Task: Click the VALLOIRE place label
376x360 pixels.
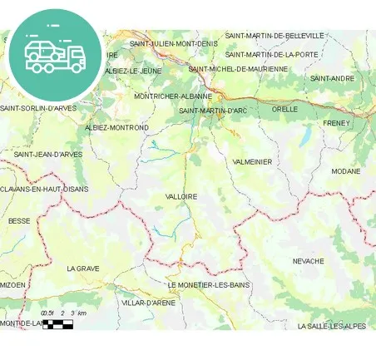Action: point(181,196)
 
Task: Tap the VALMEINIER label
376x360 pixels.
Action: point(253,161)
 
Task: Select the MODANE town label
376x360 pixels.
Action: point(346,171)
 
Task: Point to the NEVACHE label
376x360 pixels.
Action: point(309,261)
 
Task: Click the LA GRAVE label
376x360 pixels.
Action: point(83,269)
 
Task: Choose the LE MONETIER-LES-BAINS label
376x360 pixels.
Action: point(208,285)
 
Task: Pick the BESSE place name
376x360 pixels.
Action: point(18,221)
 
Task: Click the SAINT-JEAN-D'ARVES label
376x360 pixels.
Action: point(47,154)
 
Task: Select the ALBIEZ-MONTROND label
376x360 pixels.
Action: point(116,127)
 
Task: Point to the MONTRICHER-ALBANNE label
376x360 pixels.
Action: point(173,96)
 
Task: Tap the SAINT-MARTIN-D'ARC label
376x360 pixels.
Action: point(213,111)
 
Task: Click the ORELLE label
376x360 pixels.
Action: point(284,109)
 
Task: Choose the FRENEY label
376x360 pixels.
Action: point(336,123)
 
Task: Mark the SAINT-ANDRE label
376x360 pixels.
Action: point(332,78)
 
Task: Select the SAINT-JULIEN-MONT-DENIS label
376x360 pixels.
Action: point(174,43)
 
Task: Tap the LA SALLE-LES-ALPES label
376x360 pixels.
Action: point(331,326)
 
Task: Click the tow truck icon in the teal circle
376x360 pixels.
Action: point(55,54)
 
